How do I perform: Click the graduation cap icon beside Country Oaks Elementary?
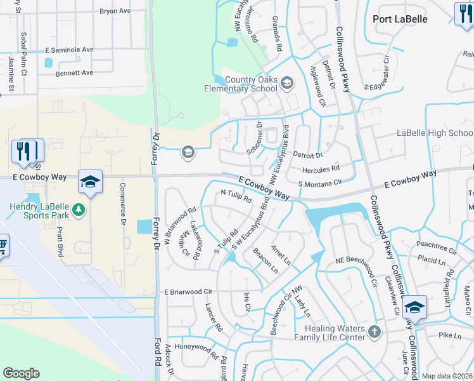pyautogui.click(x=287, y=83)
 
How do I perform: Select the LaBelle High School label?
pyautogui.click(x=435, y=133)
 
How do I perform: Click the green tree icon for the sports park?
pyautogui.click(x=79, y=210)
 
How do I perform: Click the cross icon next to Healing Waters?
pyautogui.click(x=375, y=331)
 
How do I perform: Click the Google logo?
pyautogui.click(x=21, y=373)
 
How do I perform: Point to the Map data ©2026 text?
pyautogui.click(x=447, y=376)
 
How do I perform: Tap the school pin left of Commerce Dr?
pyautogui.click(x=90, y=182)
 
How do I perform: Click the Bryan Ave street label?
pyautogui.click(x=115, y=11)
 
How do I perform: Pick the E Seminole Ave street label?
pyautogui.click(x=69, y=49)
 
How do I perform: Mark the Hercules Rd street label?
pyautogui.click(x=321, y=168)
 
